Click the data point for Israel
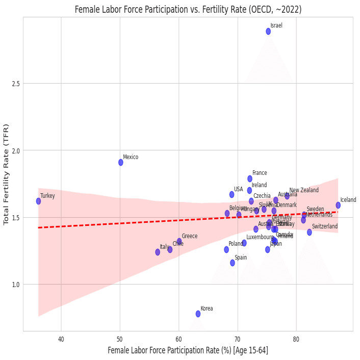point(268,31)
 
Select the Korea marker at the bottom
point(198,314)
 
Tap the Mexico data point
point(121,162)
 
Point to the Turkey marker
point(38,201)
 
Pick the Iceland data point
point(338,205)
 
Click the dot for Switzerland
point(310,232)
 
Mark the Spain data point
point(233,263)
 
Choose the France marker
point(250,178)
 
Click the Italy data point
point(158,252)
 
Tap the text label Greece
point(190,236)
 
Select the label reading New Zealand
point(304,190)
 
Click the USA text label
point(239,189)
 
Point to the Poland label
point(236,244)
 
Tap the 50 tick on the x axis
point(120,339)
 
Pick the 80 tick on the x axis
point(296,339)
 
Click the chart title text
point(188,9)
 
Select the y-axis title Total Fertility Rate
point(6,174)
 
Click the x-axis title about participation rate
point(188,350)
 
